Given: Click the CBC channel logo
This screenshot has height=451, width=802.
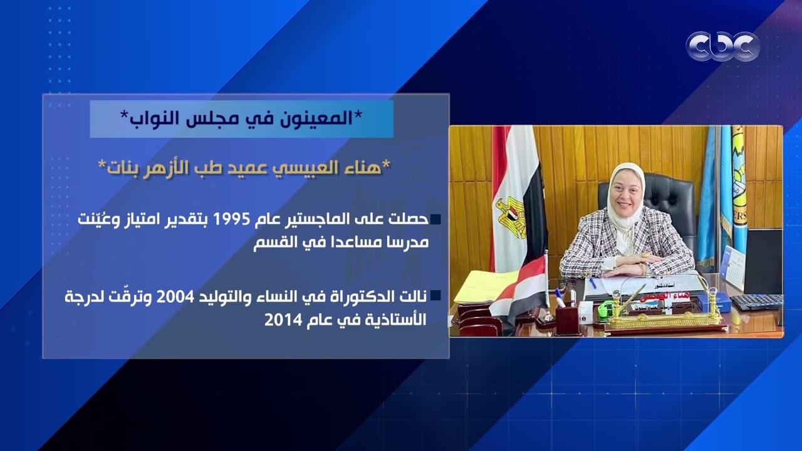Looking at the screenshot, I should click(722, 46).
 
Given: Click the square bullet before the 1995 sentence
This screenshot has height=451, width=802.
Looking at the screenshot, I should click(435, 219).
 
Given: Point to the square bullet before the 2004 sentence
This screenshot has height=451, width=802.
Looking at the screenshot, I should click(435, 296).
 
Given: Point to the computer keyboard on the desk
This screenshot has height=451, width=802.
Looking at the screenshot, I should click(757, 302).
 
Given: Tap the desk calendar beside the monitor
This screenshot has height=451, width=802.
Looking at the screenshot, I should click(732, 266).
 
